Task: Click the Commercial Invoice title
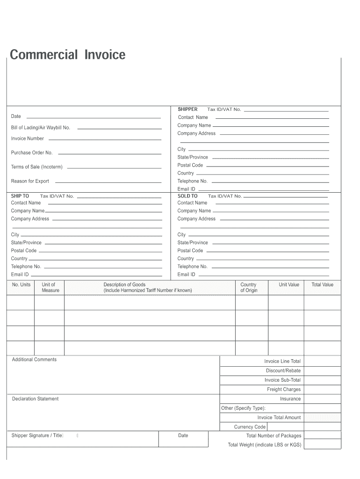pyautogui.click(x=68, y=55)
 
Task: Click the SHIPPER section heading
pyautogui.click(x=187, y=109)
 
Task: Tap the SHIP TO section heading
pyautogui.click(x=20, y=196)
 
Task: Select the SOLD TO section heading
pyautogui.click(x=187, y=196)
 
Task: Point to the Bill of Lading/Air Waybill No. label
pyautogui.click(x=41, y=128)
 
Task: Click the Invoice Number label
pyautogui.click(x=28, y=138)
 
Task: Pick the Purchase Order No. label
pyautogui.click(x=32, y=152)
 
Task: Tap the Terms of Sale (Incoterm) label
pyautogui.click(x=36, y=167)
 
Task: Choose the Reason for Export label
pyautogui.click(x=30, y=181)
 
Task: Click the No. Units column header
pyautogui.click(x=21, y=284)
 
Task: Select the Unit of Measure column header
pyautogui.click(x=50, y=287)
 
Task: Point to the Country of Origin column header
pyautogui.click(x=248, y=287)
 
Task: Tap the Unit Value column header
pyautogui.click(x=289, y=284)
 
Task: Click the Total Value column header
pyautogui.click(x=322, y=284)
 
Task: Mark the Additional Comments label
pyautogui.click(x=34, y=359)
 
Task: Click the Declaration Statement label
pyautogui.click(x=35, y=399)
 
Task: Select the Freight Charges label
pyautogui.click(x=284, y=389)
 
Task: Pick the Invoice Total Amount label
pyautogui.click(x=279, y=417)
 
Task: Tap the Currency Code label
pyautogui.click(x=250, y=427)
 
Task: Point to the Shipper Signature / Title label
pyautogui.click(x=37, y=435)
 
